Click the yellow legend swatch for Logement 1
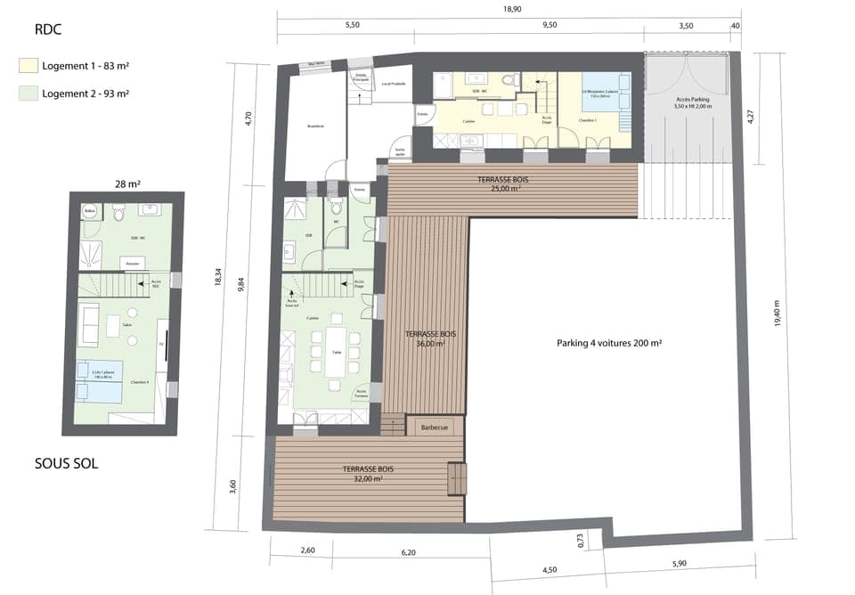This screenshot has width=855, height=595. click(28, 65)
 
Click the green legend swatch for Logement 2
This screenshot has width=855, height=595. click(28, 93)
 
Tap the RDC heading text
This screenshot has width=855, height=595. click(48, 29)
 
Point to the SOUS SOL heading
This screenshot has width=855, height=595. click(66, 463)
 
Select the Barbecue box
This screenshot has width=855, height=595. click(435, 427)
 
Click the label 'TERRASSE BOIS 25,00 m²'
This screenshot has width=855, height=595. click(500, 183)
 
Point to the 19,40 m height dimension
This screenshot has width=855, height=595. click(777, 314)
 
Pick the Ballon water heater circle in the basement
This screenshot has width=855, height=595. click(88, 212)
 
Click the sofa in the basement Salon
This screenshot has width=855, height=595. click(89, 325)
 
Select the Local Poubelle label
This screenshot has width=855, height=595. click(393, 84)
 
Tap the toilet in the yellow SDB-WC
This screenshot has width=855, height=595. click(508, 81)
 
